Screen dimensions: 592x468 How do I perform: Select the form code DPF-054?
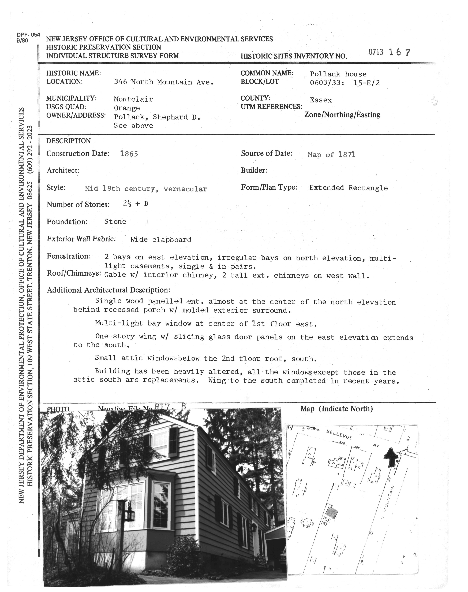28,35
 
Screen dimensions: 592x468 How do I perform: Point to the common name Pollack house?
338,74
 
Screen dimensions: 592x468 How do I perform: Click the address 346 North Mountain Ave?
164,82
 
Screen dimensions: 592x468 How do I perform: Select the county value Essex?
321,100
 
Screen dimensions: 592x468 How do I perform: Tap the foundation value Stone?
115,221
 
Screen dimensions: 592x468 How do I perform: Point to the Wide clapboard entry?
161,240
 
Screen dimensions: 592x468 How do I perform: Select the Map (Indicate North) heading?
336,409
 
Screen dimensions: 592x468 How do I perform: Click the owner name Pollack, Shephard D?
157,117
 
